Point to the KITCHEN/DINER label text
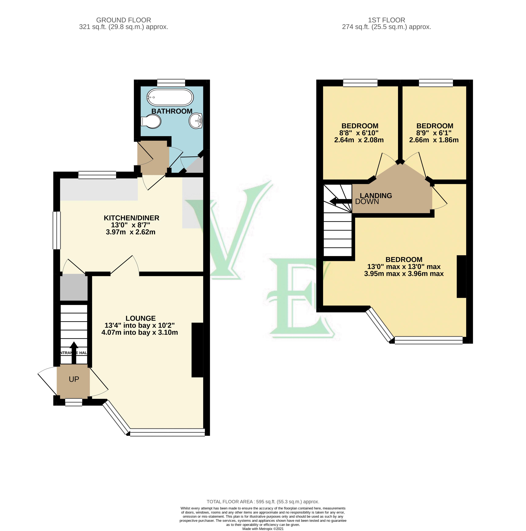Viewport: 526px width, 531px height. click(131, 218)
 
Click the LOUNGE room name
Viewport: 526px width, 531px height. click(141, 318)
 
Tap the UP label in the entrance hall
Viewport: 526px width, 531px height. click(74, 379)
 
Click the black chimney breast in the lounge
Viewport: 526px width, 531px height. click(197, 350)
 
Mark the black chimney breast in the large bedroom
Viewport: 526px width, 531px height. click(461, 276)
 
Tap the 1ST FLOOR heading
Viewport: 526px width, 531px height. click(386, 20)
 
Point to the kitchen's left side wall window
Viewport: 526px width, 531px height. click(57, 230)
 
